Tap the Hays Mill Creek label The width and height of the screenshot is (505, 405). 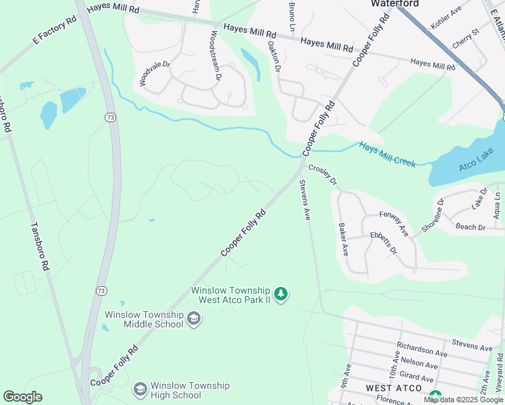point(387,154)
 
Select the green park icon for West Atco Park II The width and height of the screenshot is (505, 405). point(281,294)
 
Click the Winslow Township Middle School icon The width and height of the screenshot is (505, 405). point(194,319)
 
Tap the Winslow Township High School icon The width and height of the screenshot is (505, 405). point(140,389)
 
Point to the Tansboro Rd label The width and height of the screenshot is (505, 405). point(38,247)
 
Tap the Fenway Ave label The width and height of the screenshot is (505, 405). point(394,223)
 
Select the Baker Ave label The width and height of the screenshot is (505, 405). point(343,240)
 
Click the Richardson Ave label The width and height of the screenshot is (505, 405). point(422,352)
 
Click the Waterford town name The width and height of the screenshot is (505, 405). point(395,4)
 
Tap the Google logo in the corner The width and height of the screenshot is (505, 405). point(23,396)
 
